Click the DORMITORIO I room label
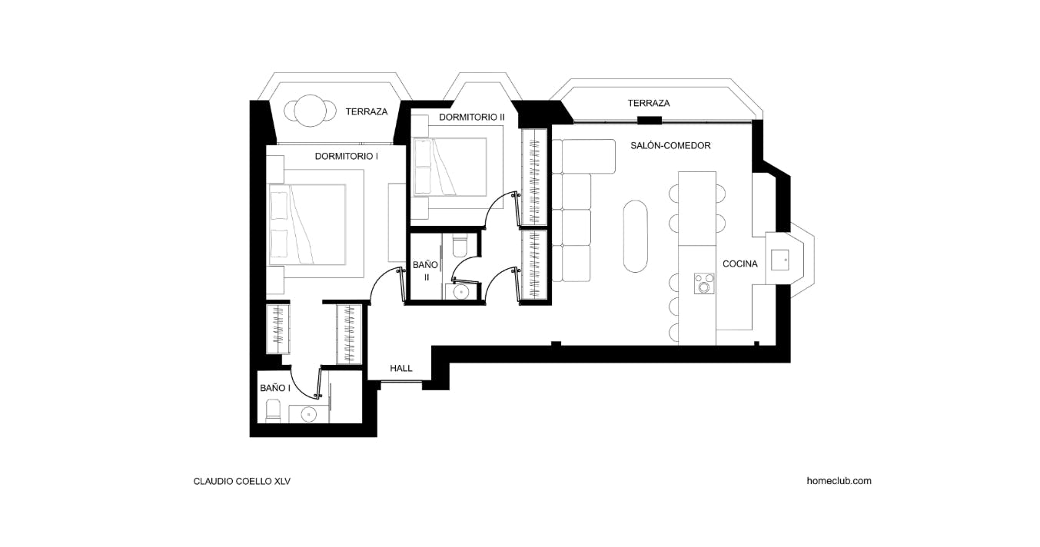[x=346, y=156]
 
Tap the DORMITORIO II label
[x=471, y=117]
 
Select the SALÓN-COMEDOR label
[x=670, y=145]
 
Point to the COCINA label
[x=739, y=264]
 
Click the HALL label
[x=400, y=368]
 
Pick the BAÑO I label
[x=275, y=388]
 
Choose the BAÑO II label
[x=425, y=270]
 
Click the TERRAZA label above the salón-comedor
[x=648, y=103]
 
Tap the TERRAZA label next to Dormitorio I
[x=366, y=111]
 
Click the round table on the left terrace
[x=311, y=111]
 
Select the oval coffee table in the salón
[x=635, y=236]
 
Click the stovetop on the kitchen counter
[x=703, y=283]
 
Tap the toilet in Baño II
[x=459, y=244]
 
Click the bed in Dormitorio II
[x=454, y=167]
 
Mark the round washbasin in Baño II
[x=460, y=292]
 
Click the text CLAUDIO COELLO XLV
[x=241, y=482]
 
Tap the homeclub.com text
[x=839, y=481]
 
